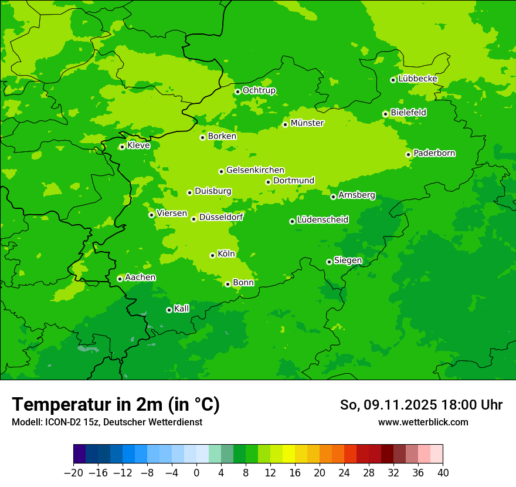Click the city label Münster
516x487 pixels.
(307, 123)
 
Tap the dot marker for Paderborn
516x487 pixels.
(409, 154)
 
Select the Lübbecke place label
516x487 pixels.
(417, 79)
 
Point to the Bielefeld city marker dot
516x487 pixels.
(385, 114)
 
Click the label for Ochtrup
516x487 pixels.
(259, 90)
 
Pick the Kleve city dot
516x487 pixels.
(122, 147)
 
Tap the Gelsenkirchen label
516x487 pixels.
(255, 170)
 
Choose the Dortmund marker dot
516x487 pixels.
(268, 182)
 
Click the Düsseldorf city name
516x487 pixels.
(221, 217)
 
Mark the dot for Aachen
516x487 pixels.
(120, 279)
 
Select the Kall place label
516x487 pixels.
(182, 309)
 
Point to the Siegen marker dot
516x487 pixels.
(329, 262)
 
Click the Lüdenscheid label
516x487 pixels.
(322, 220)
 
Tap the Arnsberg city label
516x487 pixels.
(357, 195)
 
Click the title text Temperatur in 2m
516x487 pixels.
(116, 404)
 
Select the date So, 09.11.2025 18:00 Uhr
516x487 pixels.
(421, 405)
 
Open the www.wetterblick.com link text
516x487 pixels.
(423, 422)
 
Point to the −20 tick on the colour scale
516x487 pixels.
(74, 473)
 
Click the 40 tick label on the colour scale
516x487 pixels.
(443, 473)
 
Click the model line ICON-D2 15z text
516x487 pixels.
(107, 422)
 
